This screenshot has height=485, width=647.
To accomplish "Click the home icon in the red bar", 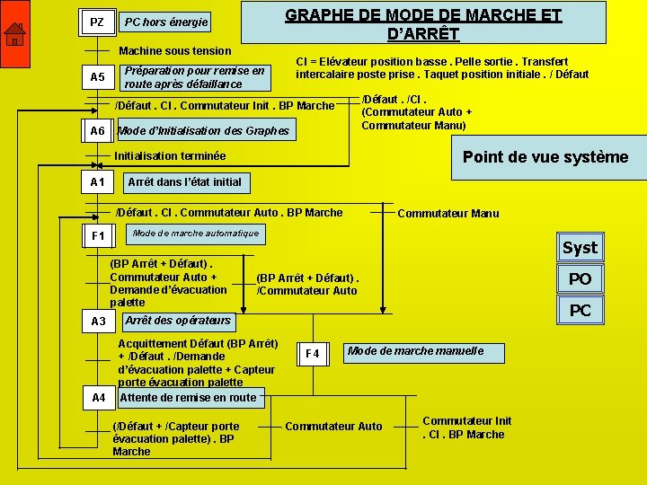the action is pyautogui.click(x=14, y=35).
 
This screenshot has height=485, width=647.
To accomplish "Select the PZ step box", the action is pyautogui.click(x=97, y=22).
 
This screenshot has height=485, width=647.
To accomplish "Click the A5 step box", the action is pyautogui.click(x=97, y=77).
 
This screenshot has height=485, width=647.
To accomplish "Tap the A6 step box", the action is pyautogui.click(x=97, y=131).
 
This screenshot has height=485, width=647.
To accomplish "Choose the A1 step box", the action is pyautogui.click(x=97, y=182).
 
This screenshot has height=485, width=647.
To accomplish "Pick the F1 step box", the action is pyautogui.click(x=98, y=236).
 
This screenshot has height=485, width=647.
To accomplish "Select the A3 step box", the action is pyautogui.click(x=98, y=321).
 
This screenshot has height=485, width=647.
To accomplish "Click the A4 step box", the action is pyautogui.click(x=98, y=397).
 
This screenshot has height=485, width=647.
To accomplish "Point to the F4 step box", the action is pyautogui.click(x=312, y=354).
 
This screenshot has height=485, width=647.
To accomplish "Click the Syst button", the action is pyautogui.click(x=580, y=248).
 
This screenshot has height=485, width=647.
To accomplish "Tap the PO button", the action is pyautogui.click(x=580, y=279).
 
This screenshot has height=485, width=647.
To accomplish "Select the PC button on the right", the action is pyautogui.click(x=580, y=311).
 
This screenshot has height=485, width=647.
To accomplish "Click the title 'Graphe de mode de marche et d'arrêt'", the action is pyautogui.click(x=423, y=24).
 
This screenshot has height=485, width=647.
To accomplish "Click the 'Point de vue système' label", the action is pyautogui.click(x=545, y=157).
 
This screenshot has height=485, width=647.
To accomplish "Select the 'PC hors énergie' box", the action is pyautogui.click(x=166, y=22).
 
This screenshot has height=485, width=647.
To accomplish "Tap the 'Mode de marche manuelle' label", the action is pyautogui.click(x=415, y=351).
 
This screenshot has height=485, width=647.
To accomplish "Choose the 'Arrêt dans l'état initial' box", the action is pyautogui.click(x=184, y=182).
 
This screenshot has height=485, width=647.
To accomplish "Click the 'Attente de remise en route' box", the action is pyautogui.click(x=188, y=397).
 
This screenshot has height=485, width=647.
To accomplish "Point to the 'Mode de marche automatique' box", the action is pyautogui.click(x=195, y=234).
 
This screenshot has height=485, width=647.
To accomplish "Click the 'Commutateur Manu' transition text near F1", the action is pyautogui.click(x=448, y=213).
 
